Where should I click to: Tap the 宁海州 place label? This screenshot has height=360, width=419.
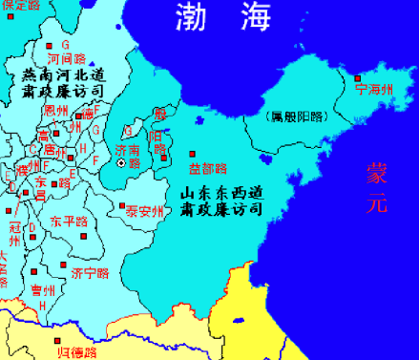pos(373,90)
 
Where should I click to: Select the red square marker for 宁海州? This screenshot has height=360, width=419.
pos(358,78)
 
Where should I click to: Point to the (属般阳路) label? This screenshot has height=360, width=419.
pos(296,118)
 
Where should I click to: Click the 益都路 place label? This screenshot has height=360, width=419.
pos(208,168)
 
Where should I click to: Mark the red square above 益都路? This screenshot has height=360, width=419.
pos(193,154)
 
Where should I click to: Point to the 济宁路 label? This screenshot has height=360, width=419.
pos(91,273)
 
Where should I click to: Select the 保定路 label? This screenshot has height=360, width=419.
pos(21,6)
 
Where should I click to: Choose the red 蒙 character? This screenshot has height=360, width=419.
pos(378,173)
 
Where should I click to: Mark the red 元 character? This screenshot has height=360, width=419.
pos(378,202)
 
